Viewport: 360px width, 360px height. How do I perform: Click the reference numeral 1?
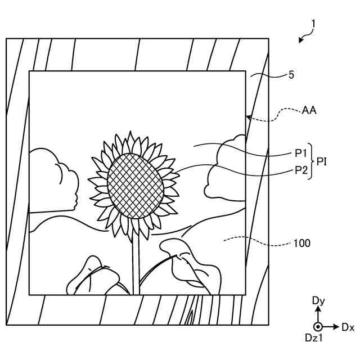(313, 24)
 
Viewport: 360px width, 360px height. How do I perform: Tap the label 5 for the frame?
(291, 74)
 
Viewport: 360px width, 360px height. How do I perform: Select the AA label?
(309, 110)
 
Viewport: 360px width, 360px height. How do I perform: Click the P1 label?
(301, 153)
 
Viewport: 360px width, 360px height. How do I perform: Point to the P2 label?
(301, 170)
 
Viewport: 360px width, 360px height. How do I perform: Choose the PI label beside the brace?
(322, 161)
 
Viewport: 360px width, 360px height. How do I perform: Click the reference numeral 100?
(301, 244)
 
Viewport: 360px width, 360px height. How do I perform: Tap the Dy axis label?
(318, 301)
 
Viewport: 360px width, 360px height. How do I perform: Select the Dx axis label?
(348, 327)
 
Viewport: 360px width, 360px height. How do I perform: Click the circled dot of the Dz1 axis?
(318, 327)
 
